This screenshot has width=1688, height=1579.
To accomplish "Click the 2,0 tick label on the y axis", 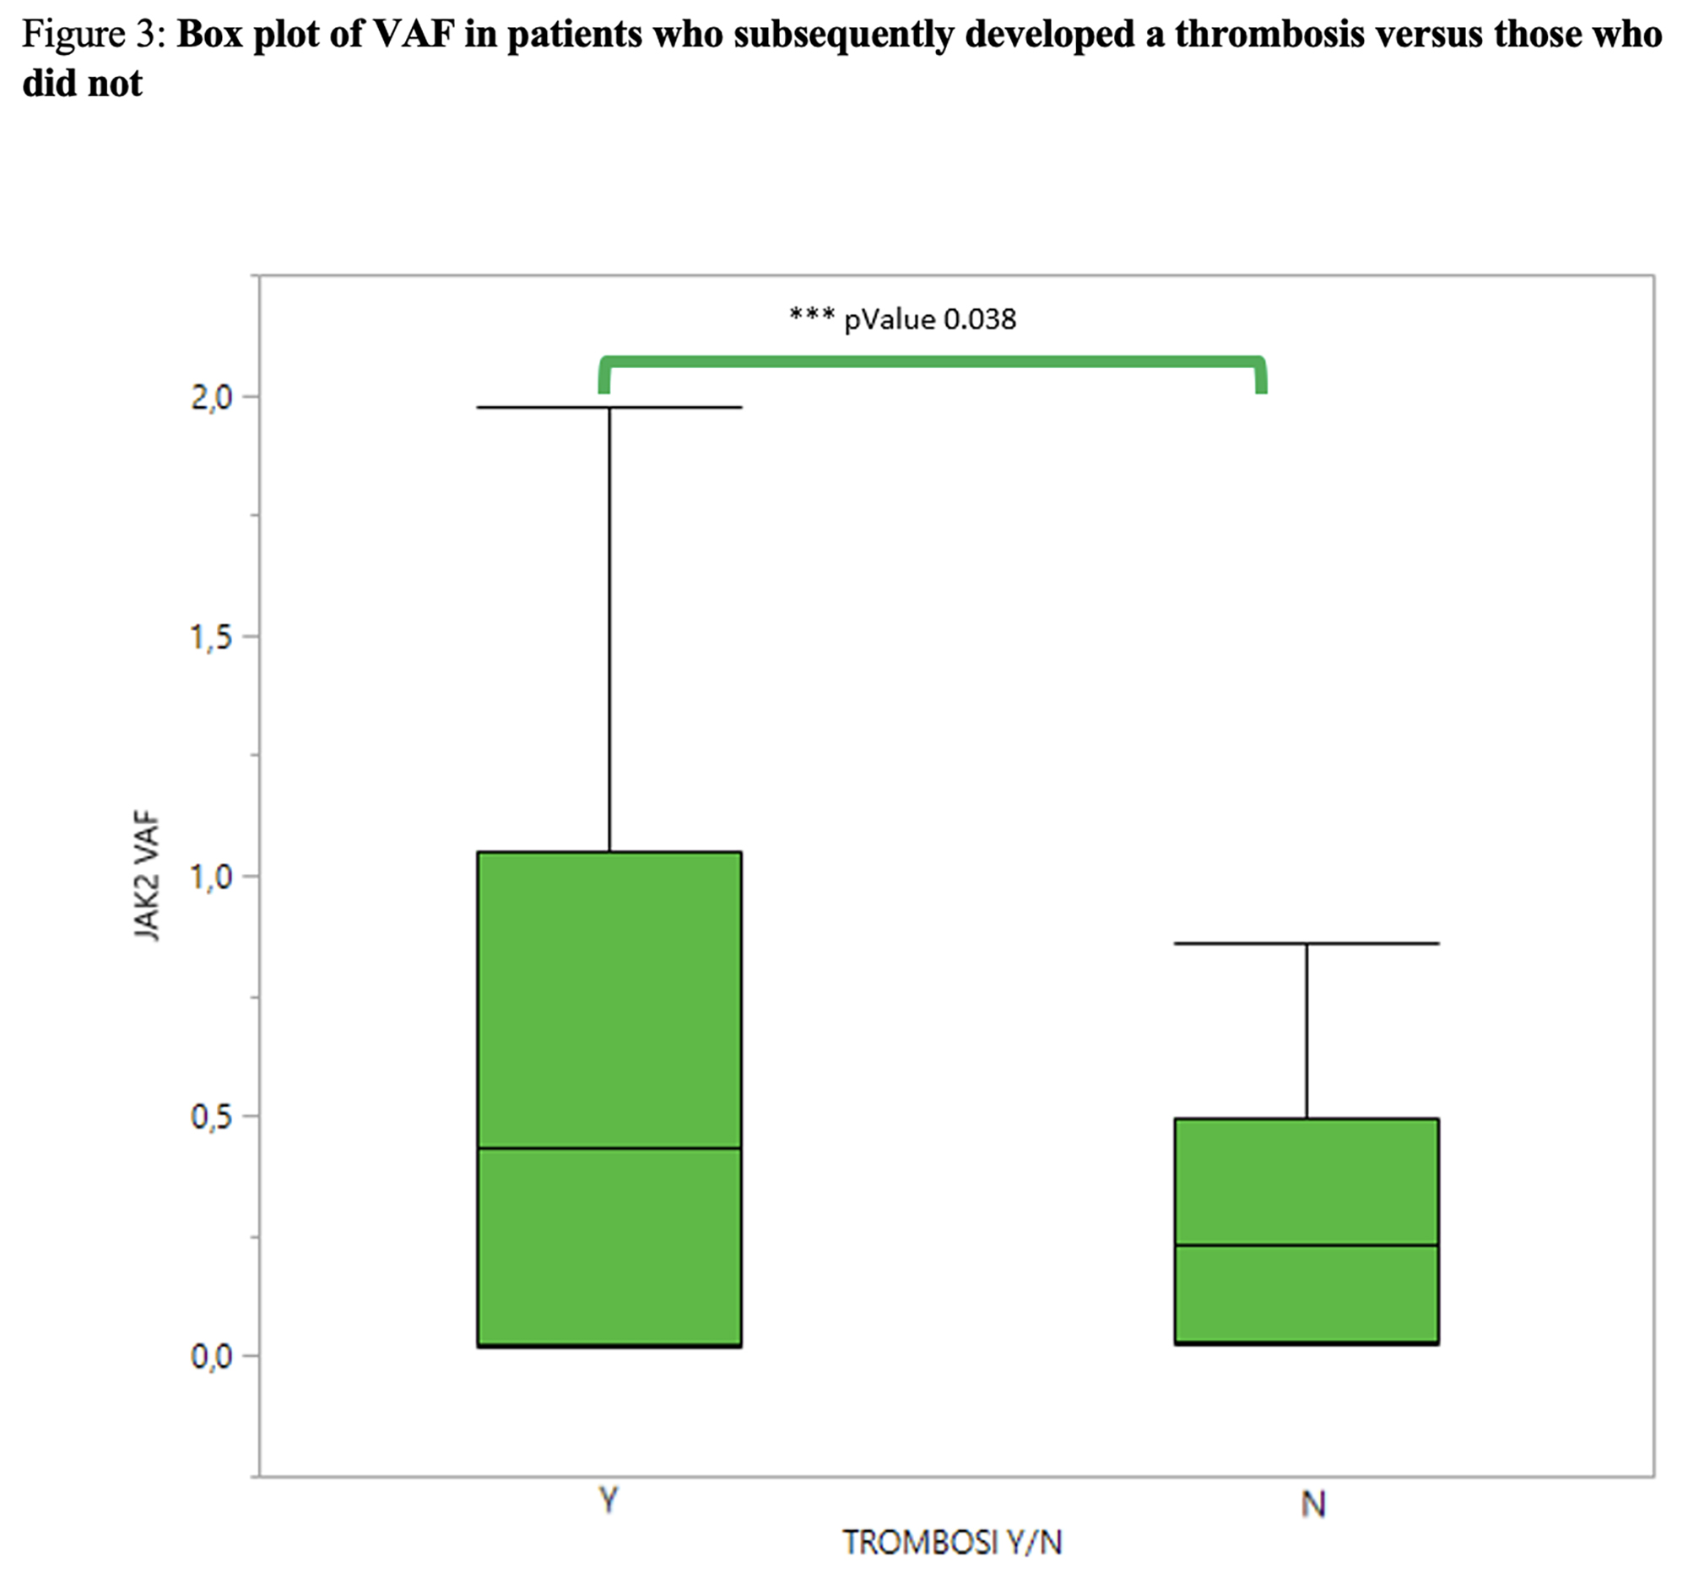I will point(212,397).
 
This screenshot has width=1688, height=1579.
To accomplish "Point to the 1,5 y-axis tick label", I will point(212,636).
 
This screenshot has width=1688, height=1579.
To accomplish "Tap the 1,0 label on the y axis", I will point(212,876).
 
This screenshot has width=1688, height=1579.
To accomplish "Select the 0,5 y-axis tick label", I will point(212,1116).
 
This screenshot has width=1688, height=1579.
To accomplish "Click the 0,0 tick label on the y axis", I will point(212,1356).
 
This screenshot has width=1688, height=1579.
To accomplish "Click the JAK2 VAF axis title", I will point(147,876).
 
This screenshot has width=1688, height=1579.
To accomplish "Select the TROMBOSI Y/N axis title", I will point(952,1542).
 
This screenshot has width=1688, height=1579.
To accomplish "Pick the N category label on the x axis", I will point(1312,1504).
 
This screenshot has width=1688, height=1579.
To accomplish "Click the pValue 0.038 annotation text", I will point(930,319).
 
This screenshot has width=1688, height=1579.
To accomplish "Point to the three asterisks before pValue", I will point(811,316).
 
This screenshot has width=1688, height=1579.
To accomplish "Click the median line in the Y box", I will point(609,1148).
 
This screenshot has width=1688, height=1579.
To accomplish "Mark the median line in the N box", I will point(1306,1245).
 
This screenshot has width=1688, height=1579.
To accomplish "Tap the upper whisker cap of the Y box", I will point(609,408).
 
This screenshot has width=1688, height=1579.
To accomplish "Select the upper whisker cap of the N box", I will point(1306,944).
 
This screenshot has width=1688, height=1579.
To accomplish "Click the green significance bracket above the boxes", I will point(933,363).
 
